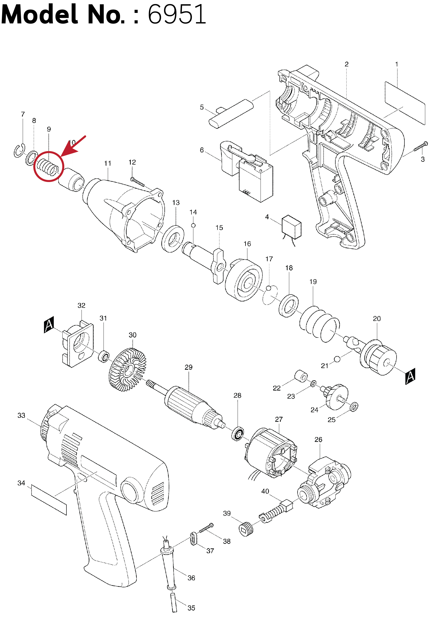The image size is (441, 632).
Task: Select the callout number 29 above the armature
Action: pos(188,367)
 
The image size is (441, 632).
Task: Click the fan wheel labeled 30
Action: pos(128,370)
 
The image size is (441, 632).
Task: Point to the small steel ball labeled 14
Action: pos(193,225)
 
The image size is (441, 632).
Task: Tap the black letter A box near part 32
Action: pos(49,325)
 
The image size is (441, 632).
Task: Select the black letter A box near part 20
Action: pos(410,376)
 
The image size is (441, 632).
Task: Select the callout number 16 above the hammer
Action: pos(247,244)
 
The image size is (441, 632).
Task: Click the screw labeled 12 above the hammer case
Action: pos(138,182)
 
